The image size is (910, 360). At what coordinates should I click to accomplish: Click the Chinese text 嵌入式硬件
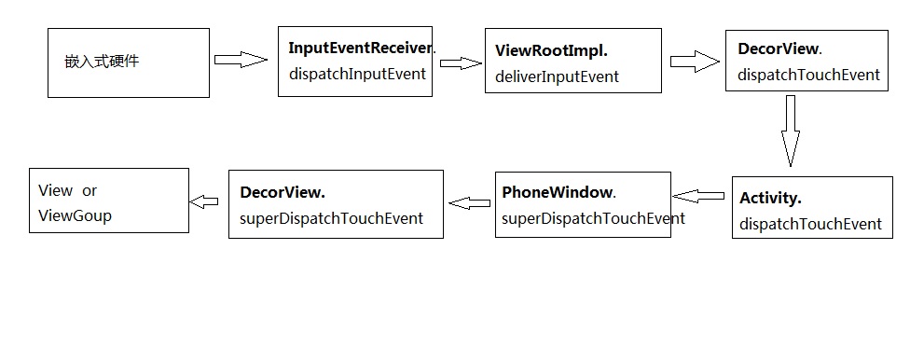(x=103, y=62)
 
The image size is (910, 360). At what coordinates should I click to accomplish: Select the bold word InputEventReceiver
(x=361, y=48)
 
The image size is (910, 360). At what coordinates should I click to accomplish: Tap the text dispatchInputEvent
(x=357, y=74)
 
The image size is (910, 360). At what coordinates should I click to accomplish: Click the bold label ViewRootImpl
(x=551, y=51)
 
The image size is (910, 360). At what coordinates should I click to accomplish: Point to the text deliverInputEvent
(x=557, y=76)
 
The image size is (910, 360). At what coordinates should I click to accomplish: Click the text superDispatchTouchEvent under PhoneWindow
(x=593, y=218)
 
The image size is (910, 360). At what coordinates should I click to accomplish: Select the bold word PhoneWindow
(x=558, y=193)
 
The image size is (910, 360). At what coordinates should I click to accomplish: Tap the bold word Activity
(x=770, y=198)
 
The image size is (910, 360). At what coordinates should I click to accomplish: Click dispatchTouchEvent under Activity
(x=810, y=224)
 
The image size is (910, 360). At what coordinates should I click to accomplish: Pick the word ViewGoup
(x=75, y=215)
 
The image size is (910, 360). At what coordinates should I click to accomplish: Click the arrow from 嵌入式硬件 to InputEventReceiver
(x=241, y=60)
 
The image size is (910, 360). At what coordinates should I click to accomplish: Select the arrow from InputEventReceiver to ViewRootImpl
(x=461, y=63)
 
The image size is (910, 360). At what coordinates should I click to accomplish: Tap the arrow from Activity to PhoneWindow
(x=699, y=196)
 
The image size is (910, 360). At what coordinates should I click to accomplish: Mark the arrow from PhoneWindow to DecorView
(x=469, y=201)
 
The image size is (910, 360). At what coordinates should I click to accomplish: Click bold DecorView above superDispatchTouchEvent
(x=283, y=192)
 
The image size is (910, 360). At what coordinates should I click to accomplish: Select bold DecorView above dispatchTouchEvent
(x=779, y=48)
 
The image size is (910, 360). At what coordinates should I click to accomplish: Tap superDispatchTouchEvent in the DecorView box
(x=331, y=218)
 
